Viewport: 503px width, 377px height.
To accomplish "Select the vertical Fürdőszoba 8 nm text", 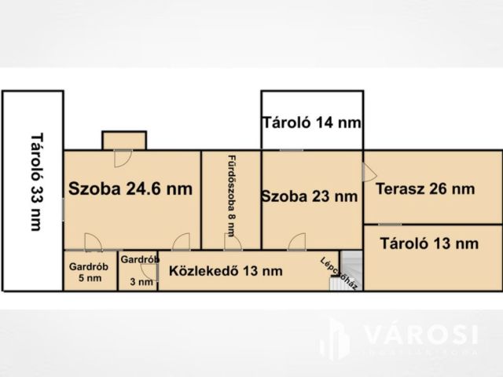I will (232, 195).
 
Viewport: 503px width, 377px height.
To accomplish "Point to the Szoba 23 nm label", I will (310, 196).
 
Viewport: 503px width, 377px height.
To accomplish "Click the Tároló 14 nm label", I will (312, 123).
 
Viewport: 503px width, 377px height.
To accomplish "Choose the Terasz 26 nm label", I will (425, 188).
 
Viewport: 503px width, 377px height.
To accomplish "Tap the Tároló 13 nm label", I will (429, 243).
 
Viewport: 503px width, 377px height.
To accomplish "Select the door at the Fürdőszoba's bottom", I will (233, 242).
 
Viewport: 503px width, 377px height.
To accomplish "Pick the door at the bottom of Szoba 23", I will (296, 242).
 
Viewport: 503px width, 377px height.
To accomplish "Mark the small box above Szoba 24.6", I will (124, 140).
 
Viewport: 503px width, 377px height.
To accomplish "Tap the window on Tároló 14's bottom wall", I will (291, 149).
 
